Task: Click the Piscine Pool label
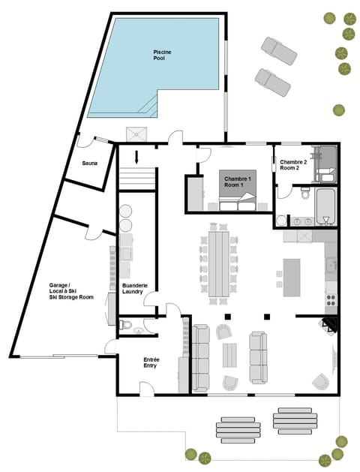click(x=163, y=54)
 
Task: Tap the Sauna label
click(x=90, y=163)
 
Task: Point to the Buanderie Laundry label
click(x=134, y=288)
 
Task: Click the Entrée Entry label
click(x=151, y=362)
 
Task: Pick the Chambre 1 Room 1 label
click(x=238, y=181)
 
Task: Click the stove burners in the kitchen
click(x=331, y=299)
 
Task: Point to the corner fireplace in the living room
click(x=330, y=324)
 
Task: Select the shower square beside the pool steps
click(x=137, y=134)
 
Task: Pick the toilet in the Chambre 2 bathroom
click(x=304, y=194)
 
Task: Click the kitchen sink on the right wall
click(x=331, y=265)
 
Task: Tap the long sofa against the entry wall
click(x=201, y=357)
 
